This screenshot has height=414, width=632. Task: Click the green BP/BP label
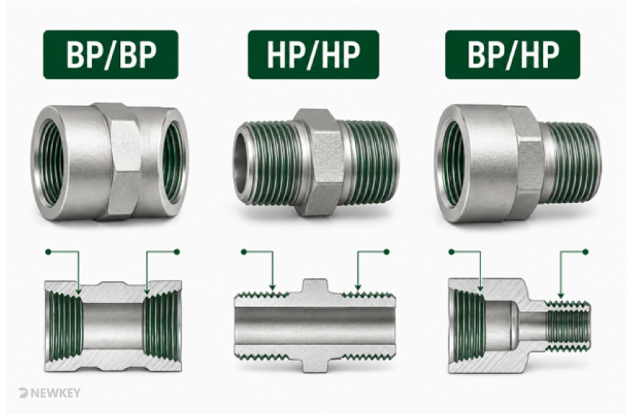110,54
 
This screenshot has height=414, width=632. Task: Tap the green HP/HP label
313,54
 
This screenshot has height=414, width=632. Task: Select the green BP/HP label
512,54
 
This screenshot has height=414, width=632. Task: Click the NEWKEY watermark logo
49,393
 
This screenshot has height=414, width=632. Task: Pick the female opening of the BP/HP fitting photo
453,164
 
